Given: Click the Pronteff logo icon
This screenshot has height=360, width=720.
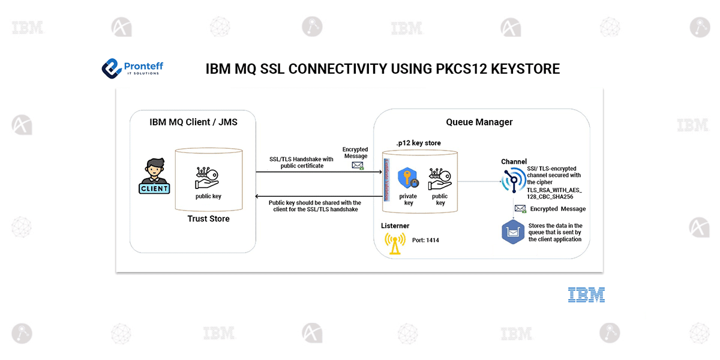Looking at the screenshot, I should click(x=111, y=68).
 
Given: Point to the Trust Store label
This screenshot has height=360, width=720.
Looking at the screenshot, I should click(x=208, y=218).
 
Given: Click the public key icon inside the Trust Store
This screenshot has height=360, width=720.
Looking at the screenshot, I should click(x=208, y=177).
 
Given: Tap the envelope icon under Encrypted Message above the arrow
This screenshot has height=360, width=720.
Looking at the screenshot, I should click(x=358, y=165).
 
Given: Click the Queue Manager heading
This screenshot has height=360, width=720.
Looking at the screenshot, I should click(x=479, y=122).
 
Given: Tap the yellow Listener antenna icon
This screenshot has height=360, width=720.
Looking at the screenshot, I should click(x=395, y=242).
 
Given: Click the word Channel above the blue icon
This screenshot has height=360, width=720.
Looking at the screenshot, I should click(x=514, y=162).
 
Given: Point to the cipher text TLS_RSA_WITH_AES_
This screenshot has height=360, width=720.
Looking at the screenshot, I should click(x=554, y=190).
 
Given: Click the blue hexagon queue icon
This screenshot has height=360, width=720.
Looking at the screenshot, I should click(x=514, y=232).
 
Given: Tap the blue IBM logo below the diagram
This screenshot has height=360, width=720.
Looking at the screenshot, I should click(x=586, y=295).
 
